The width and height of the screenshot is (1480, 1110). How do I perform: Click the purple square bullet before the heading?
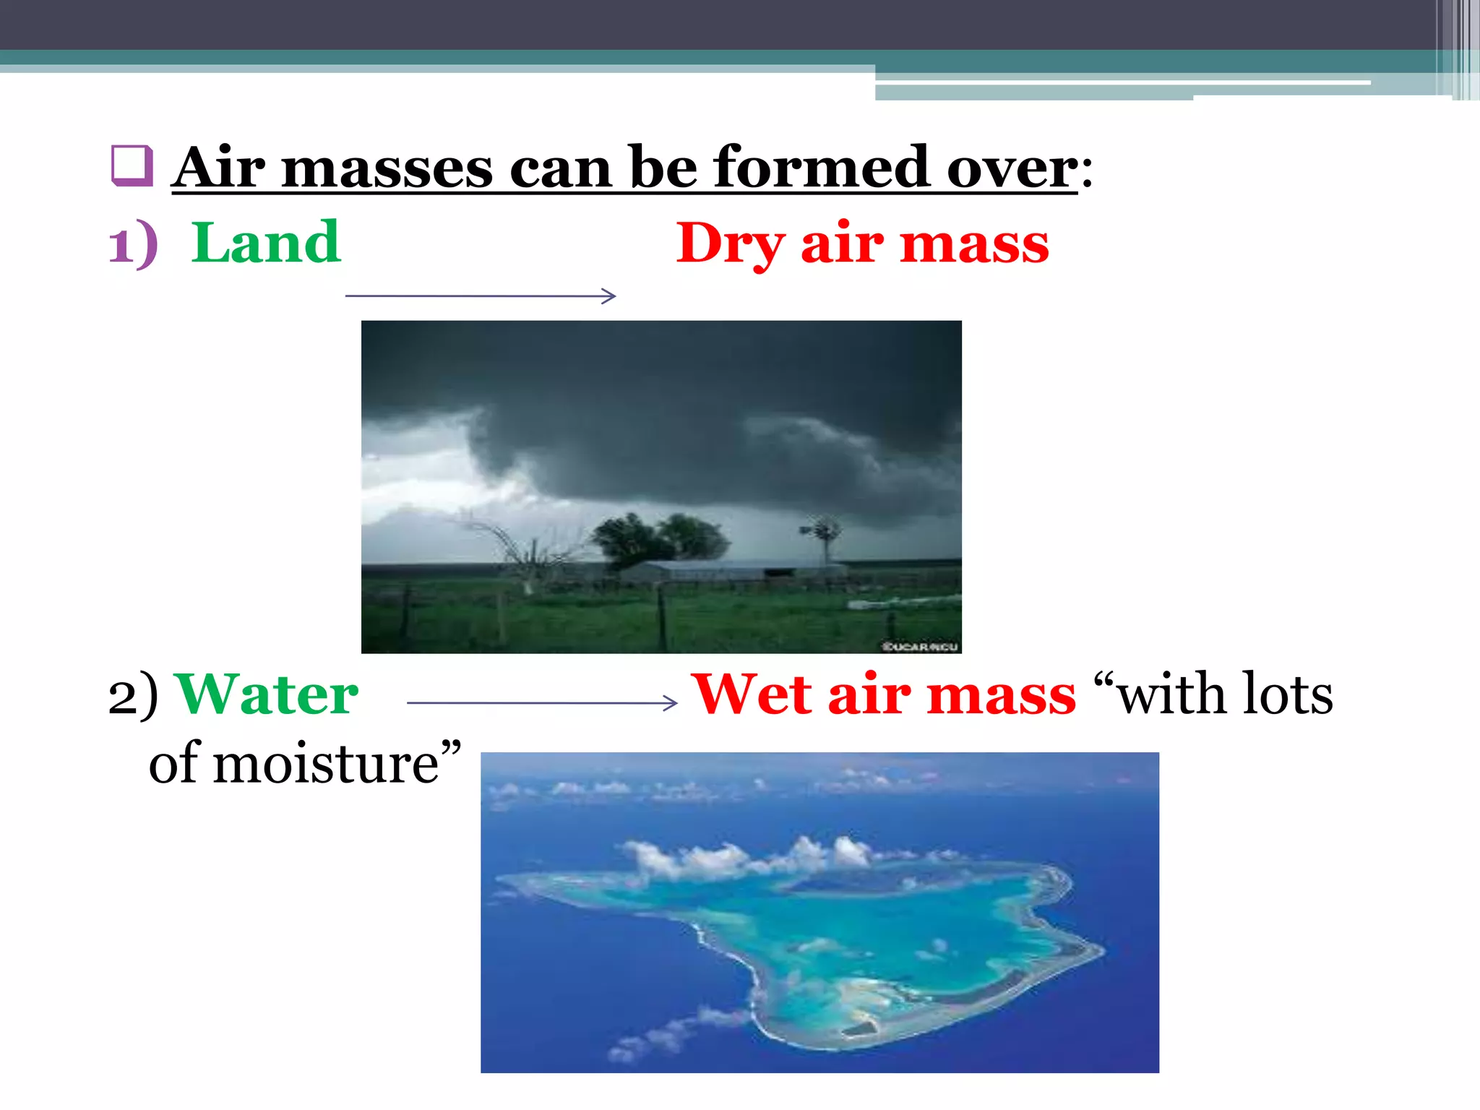click(x=132, y=165)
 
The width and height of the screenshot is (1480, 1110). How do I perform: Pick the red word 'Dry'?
click(x=730, y=244)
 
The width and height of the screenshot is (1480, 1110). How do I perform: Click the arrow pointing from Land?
click(x=481, y=296)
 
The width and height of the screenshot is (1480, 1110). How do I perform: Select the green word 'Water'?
click(x=267, y=694)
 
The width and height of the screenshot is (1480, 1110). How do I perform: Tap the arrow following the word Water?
click(x=542, y=702)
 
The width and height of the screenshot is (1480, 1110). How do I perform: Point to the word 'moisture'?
click(x=325, y=765)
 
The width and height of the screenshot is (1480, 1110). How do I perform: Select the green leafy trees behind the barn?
click(x=658, y=538)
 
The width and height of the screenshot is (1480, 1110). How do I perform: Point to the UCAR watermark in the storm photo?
click(x=920, y=646)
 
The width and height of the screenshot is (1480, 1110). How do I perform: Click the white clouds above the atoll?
click(x=752, y=856)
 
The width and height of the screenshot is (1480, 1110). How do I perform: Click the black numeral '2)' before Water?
click(x=133, y=696)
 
